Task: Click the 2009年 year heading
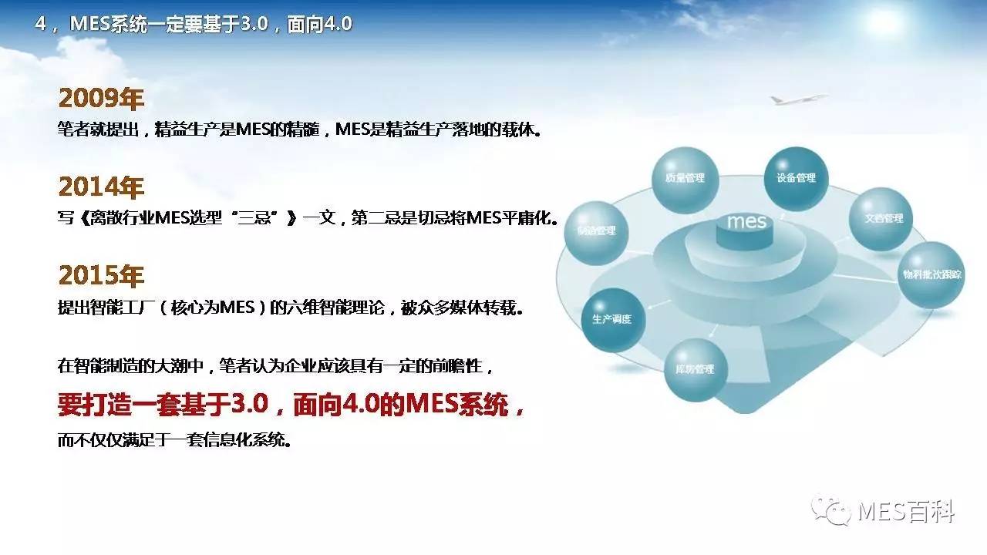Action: pos(101,98)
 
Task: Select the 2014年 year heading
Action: pos(101,187)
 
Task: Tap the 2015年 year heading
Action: pos(101,276)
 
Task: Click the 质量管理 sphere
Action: pos(686,180)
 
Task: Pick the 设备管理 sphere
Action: pos(796,179)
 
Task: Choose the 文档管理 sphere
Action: pos(881,219)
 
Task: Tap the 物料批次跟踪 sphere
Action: pos(931,275)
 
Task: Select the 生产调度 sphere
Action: pos(613,320)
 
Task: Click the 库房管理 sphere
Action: pos(696,370)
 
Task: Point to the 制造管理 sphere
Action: pos(596,233)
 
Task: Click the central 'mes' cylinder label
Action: pos(746,221)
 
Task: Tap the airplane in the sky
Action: pos(797,99)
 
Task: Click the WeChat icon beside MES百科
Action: pos(831,511)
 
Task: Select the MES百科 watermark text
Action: pos(906,512)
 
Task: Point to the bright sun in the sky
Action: pos(884,22)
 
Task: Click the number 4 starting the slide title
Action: pos(41,24)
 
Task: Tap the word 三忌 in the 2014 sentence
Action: pos(254,217)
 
